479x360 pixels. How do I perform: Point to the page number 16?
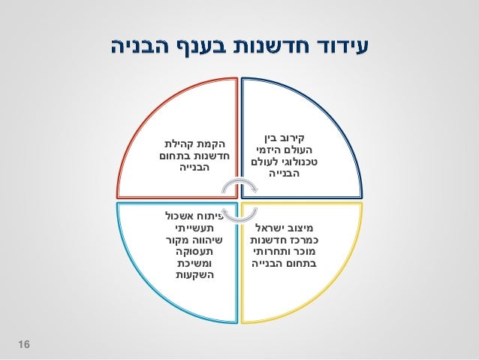coord(24,345)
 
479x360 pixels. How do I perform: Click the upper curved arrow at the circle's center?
coord(239,185)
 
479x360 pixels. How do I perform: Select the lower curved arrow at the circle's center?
coord(239,218)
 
